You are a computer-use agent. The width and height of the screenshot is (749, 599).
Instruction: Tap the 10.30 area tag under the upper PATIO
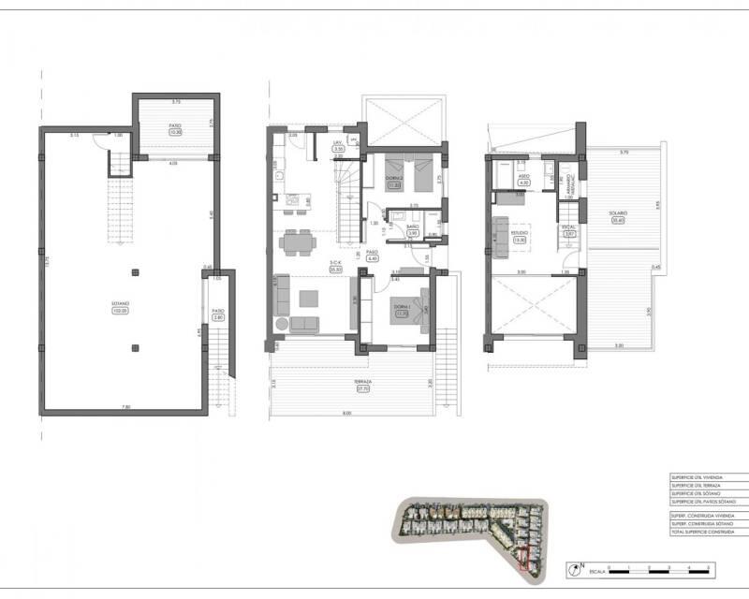tap(175, 134)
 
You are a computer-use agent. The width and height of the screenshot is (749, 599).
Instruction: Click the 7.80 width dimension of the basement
tap(127, 406)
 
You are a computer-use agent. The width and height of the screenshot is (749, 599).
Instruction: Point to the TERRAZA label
tap(363, 383)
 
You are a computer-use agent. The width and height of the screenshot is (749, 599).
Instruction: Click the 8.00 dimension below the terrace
tap(345, 414)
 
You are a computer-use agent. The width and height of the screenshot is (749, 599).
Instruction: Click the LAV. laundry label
tap(339, 143)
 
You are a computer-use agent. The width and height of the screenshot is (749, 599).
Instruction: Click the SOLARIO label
tap(616, 213)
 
